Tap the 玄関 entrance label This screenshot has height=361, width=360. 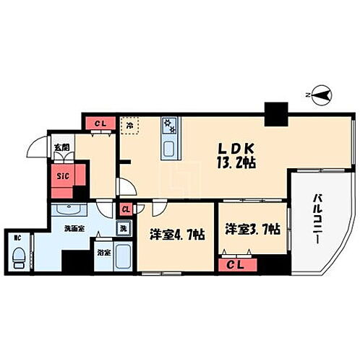(61, 147)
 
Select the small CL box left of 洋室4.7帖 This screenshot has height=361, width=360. (126, 209)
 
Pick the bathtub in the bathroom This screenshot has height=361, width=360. (123, 258)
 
